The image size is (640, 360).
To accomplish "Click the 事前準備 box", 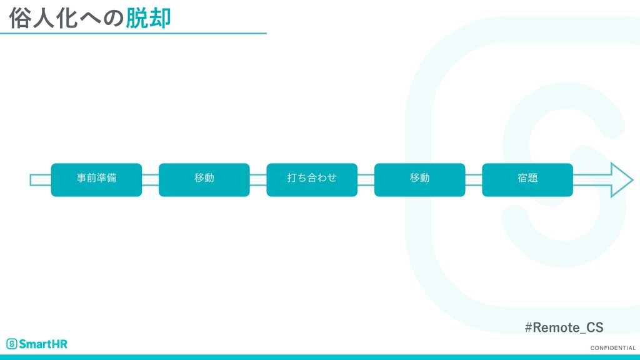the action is (96, 179).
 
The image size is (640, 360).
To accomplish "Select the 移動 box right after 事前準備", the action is (204, 179).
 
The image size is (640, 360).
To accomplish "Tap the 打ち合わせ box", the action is (312, 179).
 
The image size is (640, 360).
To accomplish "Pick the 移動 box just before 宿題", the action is (419, 179).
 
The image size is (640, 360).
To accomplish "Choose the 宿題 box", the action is (527, 179).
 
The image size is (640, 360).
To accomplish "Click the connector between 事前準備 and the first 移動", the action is (150, 180).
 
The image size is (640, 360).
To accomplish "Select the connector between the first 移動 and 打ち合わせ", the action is (258, 180).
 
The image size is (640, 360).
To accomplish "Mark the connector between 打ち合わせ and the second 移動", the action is (366, 180).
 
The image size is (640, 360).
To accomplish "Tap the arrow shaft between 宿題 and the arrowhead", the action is (591, 180).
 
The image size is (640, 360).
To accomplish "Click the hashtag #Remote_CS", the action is (564, 327).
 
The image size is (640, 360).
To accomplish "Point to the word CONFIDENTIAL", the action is (612, 348).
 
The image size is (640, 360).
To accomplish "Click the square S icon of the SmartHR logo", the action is (11, 344).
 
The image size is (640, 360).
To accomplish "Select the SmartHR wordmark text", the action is (43, 344).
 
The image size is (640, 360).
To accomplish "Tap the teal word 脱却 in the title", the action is (149, 19).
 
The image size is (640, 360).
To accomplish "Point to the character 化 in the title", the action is (66, 19).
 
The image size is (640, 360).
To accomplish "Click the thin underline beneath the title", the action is (133, 34).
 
